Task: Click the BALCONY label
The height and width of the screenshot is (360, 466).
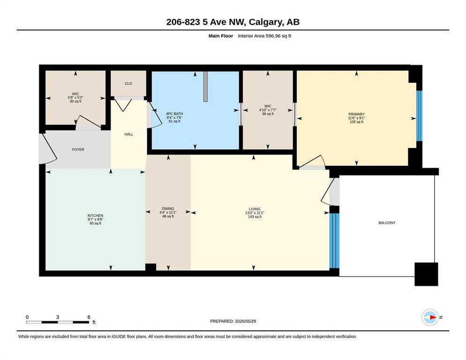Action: (x=387, y=223)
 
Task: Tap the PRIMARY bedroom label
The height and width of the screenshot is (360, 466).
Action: (x=356, y=114)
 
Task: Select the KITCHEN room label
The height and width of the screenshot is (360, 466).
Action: (x=95, y=216)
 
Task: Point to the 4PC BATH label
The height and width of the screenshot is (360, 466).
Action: (x=174, y=113)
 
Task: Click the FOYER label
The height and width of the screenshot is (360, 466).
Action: (x=78, y=150)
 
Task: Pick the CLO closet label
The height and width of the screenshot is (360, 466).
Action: (x=128, y=83)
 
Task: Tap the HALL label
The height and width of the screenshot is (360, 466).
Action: (x=128, y=135)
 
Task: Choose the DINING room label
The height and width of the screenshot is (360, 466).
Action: (x=168, y=209)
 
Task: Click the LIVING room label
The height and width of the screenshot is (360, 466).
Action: (x=255, y=209)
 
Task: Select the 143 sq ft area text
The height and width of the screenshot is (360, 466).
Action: (x=255, y=217)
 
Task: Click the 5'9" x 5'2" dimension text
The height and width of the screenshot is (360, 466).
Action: (x=75, y=97)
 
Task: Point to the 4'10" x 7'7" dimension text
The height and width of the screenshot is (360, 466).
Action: (x=268, y=110)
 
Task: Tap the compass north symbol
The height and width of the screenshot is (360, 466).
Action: (x=430, y=317)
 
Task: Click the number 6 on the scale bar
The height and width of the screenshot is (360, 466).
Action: (x=89, y=317)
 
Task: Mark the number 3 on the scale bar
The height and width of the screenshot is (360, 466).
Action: (x=58, y=317)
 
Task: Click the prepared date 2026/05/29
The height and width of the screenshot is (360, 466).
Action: (x=245, y=321)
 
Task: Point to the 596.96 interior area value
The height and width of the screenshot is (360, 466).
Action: (x=273, y=36)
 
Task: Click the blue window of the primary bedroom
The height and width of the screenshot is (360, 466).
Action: (x=419, y=116)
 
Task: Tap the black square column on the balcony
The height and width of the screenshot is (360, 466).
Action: (x=426, y=274)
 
